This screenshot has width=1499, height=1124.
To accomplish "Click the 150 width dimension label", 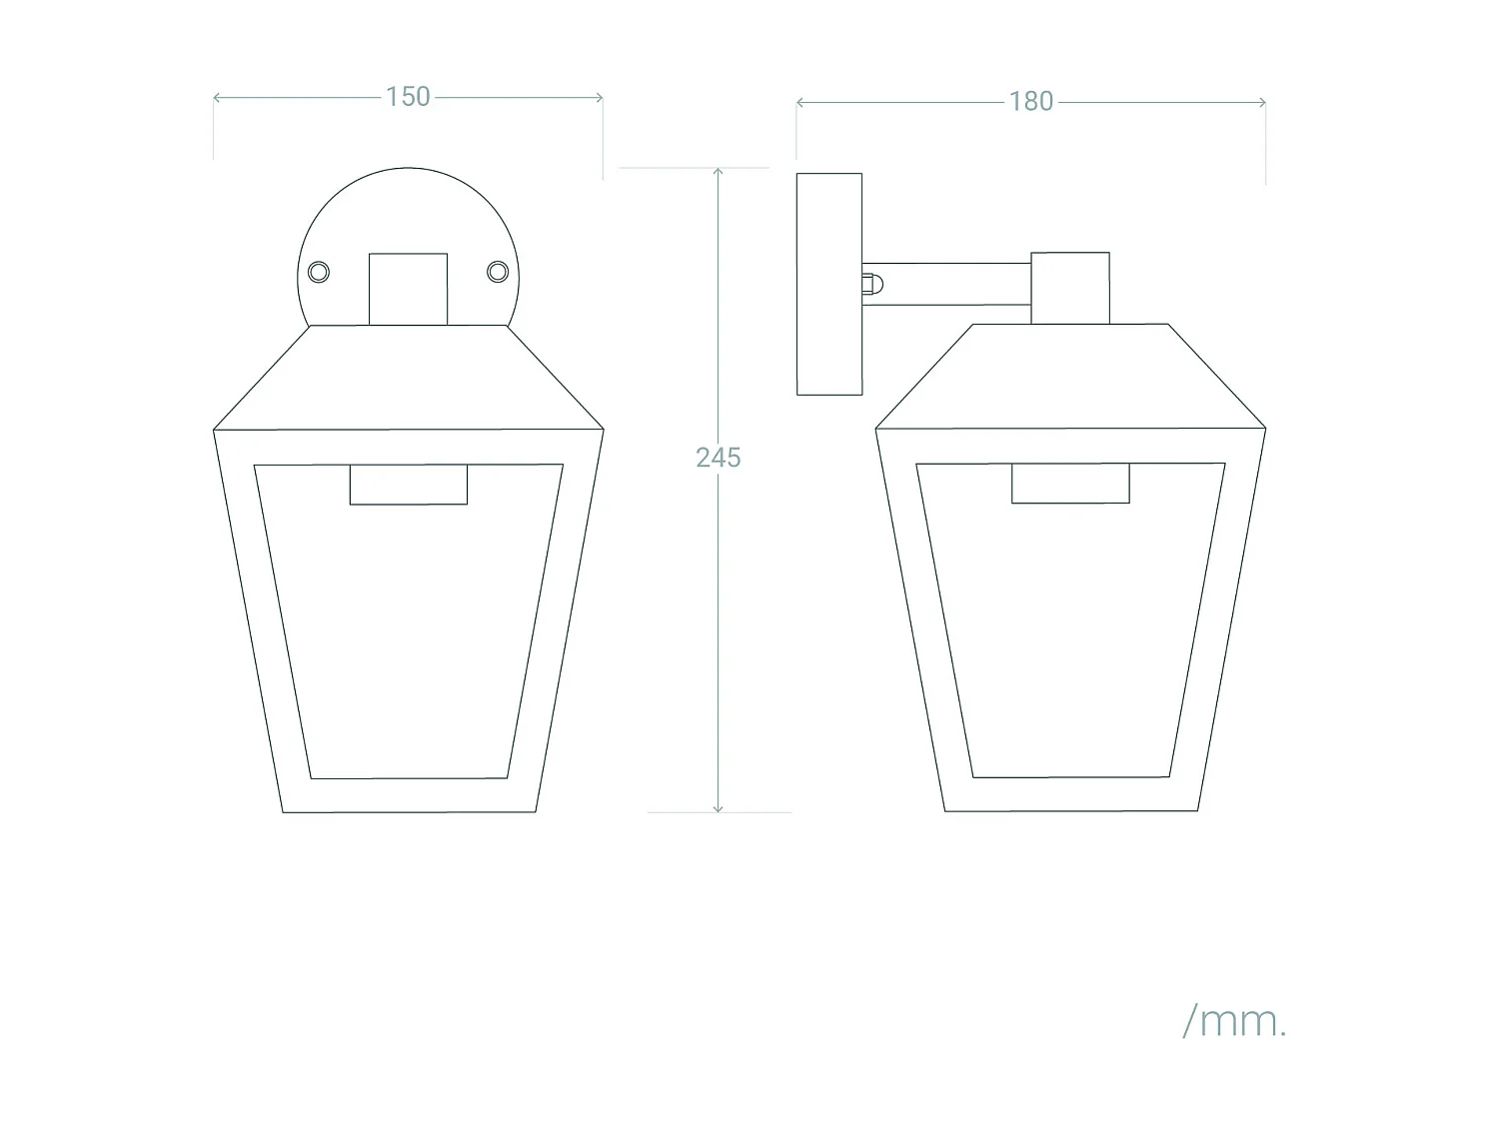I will point(408,97).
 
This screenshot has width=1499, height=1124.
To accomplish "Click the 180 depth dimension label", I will point(1030,102).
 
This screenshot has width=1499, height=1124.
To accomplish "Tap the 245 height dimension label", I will point(718,458).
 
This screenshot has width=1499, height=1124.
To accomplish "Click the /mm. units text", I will point(1234,1021).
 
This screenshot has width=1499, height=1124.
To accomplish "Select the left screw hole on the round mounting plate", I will point(319,272).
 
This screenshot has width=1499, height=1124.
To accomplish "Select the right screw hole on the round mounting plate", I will point(497,272).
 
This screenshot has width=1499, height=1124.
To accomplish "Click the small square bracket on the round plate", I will point(408,289).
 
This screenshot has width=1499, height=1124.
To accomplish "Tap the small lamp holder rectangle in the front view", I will point(408,485).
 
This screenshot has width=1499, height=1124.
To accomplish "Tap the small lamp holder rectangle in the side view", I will point(1070,484).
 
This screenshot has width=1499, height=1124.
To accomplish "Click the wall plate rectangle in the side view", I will point(829,284).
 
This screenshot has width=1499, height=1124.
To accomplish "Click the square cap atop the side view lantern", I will point(1070,288).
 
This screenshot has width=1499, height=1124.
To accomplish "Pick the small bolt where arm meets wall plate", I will point(872,284).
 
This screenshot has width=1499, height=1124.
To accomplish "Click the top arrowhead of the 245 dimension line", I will point(718,171).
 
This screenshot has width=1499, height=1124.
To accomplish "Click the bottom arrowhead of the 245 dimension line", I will point(718,808).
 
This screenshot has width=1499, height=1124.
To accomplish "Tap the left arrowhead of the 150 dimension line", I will point(217,98).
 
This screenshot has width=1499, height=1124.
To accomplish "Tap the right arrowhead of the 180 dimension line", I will point(1262,102).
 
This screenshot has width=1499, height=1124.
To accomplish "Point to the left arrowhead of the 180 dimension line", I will point(799,102).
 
